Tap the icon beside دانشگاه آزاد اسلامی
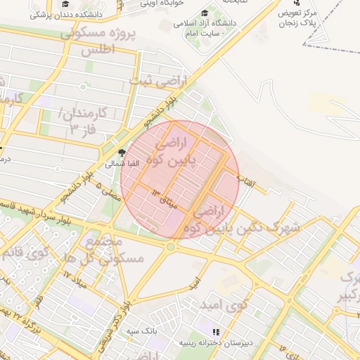pyautogui.click(x=205, y=13)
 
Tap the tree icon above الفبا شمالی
pyautogui.click(x=122, y=153)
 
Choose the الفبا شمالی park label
pyautogui.click(x=122, y=163)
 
